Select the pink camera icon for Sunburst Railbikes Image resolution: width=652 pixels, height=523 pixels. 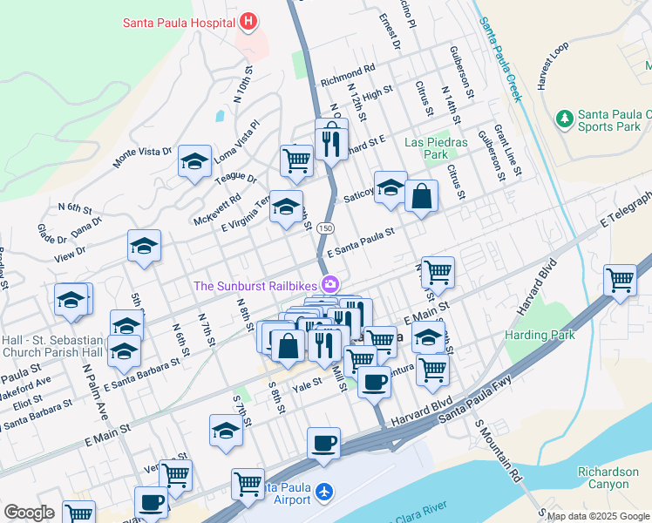click(x=330, y=284)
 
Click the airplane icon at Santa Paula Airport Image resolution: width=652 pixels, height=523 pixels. click(x=325, y=493)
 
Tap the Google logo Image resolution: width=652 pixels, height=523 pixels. click(x=29, y=513)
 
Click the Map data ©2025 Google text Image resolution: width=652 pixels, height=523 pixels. click(x=598, y=516)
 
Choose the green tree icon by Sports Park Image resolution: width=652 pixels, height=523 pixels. click(x=565, y=117)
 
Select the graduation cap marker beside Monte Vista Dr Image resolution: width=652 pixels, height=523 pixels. click(x=195, y=160)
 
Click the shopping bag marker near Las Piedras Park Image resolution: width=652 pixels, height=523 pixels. click(x=421, y=195)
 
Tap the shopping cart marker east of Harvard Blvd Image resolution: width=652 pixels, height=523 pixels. click(x=620, y=281)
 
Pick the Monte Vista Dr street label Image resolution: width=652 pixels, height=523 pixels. click(x=143, y=157)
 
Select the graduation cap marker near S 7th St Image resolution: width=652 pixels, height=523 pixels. click(x=227, y=431)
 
